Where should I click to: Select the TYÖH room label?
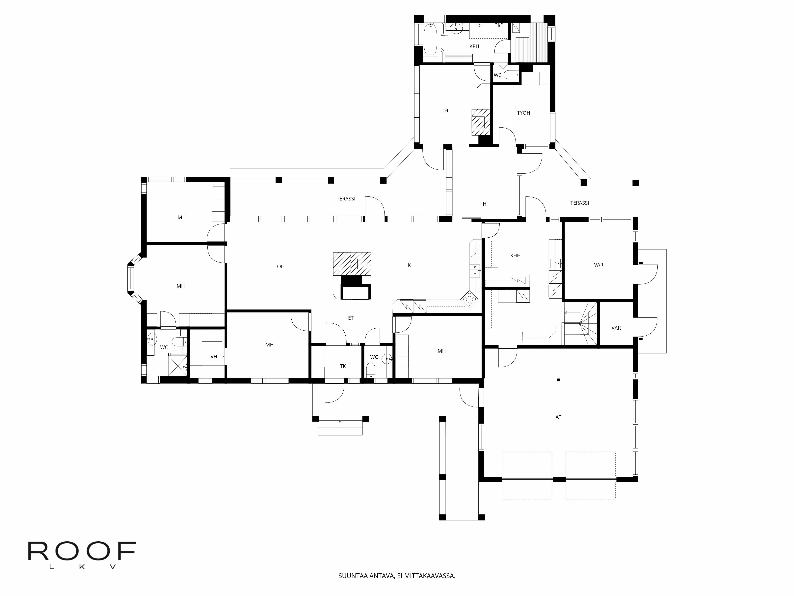tap(523, 113)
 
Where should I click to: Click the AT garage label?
tap(558, 417)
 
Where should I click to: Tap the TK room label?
tap(343, 366)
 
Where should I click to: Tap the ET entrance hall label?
tap(351, 318)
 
